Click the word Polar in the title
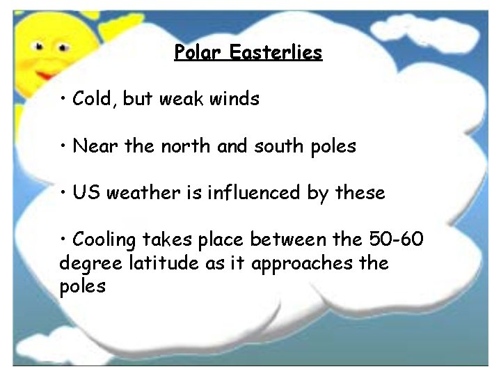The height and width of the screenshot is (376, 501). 197,52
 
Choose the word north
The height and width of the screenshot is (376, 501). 186,146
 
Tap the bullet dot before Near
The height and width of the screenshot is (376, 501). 63,146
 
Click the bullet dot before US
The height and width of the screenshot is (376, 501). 63,193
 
